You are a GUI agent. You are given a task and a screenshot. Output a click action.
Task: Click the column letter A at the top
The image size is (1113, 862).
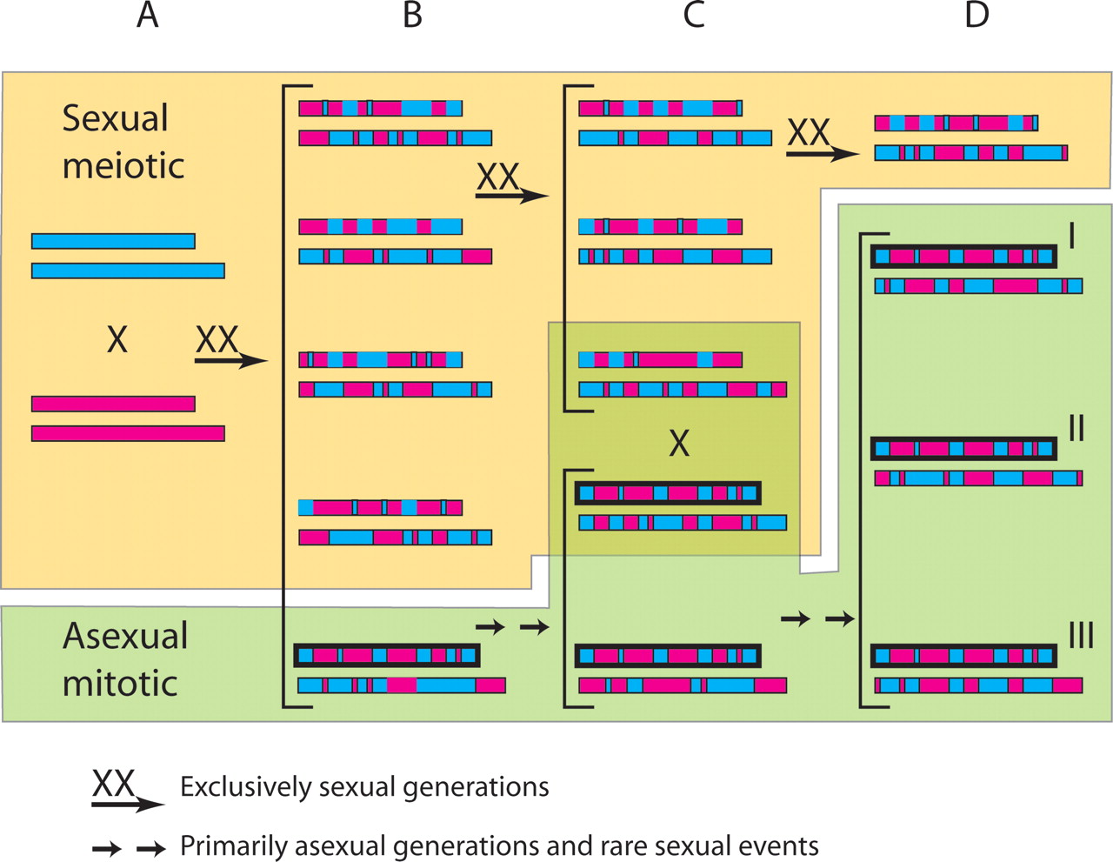[148, 16]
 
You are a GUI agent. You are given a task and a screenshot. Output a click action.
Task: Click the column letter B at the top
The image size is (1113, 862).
[413, 16]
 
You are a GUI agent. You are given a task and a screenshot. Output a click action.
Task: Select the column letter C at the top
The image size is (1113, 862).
[694, 16]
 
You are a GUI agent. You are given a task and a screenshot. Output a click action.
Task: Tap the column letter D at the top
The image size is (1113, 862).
[976, 16]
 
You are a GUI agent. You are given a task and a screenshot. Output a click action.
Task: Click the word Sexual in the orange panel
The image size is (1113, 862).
[116, 119]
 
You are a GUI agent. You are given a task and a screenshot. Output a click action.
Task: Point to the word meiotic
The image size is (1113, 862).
[123, 165]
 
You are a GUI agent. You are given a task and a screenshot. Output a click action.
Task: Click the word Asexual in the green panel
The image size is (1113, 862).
[125, 637]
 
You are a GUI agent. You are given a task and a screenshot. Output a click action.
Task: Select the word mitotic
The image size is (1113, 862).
[120, 684]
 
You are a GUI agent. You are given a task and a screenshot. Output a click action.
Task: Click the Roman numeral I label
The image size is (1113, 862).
[1072, 235]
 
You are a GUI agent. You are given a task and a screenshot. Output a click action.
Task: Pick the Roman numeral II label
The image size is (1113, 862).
[1076, 428]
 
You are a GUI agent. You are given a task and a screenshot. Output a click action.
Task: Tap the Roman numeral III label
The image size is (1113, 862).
[1081, 636]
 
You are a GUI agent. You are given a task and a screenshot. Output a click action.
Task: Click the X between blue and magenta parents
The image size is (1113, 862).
[117, 339]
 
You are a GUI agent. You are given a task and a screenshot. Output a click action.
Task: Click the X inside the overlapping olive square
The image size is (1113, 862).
[679, 444]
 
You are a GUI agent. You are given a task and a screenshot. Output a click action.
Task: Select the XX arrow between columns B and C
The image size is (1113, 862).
[510, 184]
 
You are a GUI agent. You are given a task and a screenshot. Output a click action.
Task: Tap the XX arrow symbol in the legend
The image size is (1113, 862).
[126, 791]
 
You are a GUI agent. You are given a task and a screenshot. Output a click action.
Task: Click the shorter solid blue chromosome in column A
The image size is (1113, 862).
[113, 241]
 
